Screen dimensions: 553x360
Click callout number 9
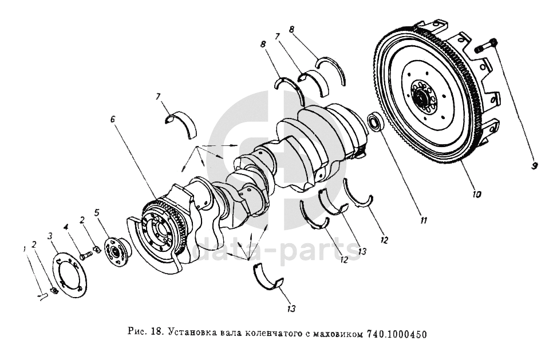pos(534,165)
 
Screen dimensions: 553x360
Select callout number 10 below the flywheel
pos(476,193)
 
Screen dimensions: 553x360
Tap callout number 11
pos(424,220)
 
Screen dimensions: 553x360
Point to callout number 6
pos(113,119)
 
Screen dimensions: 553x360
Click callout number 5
pos(97,212)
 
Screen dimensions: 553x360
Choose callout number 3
pos(50,235)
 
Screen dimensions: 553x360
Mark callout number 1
pos(25,249)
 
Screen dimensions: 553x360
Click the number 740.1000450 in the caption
pos(396,334)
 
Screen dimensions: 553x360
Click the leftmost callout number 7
pos(159,96)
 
